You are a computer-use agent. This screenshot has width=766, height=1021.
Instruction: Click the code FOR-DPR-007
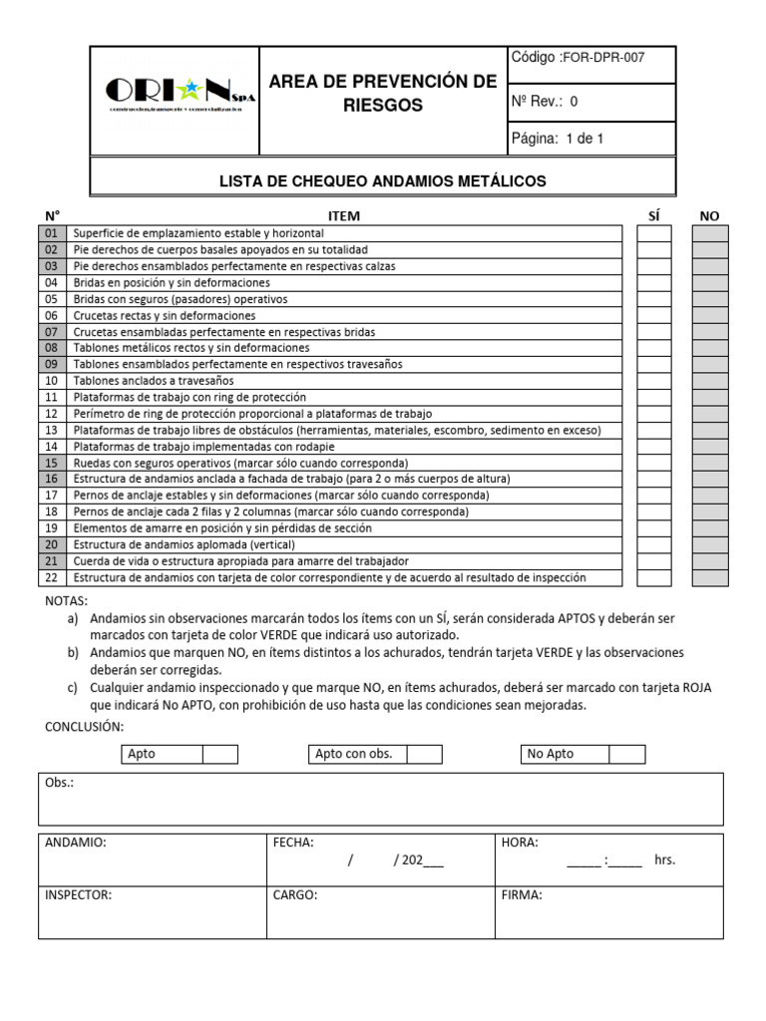tap(604, 58)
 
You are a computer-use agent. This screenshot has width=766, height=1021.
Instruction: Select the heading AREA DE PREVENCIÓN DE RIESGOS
tap(383, 93)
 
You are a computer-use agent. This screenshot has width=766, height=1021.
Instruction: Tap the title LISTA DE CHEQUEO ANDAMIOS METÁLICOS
tap(383, 181)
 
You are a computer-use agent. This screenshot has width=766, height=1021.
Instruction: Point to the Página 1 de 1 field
tap(558, 139)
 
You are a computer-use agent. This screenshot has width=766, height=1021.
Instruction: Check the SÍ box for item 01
tap(654, 233)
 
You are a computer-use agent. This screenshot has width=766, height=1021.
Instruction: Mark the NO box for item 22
tap(710, 578)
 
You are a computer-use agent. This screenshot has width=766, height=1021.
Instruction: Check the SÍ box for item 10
tap(654, 381)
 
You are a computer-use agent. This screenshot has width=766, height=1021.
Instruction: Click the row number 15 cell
tap(52, 463)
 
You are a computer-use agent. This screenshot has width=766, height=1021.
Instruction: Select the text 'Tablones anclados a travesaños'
tap(155, 381)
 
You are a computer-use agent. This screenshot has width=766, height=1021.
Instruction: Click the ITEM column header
tap(344, 215)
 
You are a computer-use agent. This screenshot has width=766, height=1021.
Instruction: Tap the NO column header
tap(709, 215)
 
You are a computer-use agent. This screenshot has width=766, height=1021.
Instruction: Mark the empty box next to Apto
tap(220, 754)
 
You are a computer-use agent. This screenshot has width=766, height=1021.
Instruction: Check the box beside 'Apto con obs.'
tap(424, 754)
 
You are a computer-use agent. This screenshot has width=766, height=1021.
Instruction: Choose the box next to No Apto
tap(627, 754)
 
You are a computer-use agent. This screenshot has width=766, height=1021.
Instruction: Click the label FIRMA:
tap(522, 895)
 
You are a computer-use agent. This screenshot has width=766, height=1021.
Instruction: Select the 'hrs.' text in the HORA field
tap(665, 860)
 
